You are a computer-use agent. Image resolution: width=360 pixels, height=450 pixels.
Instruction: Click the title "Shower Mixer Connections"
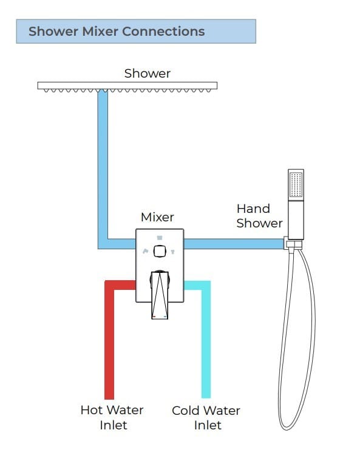pos(117,32)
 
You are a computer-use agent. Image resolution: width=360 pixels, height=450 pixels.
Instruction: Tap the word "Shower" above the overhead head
pos(148,74)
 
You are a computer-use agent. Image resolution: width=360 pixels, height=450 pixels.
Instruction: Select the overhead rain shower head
pos(127,86)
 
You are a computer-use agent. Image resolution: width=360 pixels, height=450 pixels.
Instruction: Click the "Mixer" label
pos(157,217)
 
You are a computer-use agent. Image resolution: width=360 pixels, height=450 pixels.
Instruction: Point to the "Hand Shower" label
pos(259,216)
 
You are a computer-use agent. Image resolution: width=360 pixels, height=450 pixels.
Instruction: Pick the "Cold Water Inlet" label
pos(206,417)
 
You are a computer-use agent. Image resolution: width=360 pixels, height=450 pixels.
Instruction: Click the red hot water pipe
pos(110,340)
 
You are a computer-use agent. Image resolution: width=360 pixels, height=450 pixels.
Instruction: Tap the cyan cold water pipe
pos(206,340)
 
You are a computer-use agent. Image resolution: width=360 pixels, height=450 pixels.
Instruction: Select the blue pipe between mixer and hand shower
pos(234,244)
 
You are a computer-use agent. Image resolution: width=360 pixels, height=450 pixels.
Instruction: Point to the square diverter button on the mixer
pos(160,252)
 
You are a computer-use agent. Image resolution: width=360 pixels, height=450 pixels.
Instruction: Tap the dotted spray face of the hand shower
pos(296,184)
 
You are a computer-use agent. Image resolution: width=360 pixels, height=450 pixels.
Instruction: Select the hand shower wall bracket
pos(293,244)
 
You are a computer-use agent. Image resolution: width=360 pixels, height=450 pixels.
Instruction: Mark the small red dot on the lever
pos(154,317)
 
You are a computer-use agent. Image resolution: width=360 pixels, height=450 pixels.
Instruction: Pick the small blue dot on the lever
pos(165,317)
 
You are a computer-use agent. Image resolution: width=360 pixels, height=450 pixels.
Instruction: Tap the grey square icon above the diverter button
pos(160,238)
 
